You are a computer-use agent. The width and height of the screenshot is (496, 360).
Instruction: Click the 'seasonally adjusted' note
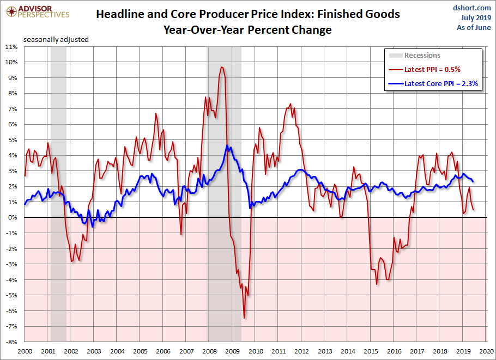pos(56,39)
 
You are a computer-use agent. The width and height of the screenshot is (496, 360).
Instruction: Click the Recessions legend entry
pos(422,55)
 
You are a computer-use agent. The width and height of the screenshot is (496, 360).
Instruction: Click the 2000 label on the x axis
pos(25,351)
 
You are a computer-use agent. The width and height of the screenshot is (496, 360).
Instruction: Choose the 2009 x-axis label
pos(232,351)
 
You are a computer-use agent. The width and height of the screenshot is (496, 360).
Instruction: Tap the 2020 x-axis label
pos(486,351)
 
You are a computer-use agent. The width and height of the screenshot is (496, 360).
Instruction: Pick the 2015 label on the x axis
pos(371,351)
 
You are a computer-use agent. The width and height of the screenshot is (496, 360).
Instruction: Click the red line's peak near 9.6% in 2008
pos(221,67)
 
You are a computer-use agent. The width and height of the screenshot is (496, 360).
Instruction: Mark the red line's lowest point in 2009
pos(244,318)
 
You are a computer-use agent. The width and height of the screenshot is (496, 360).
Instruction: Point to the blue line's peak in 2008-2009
pos(227,146)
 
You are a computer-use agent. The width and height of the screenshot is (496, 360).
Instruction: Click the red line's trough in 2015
pos(377,284)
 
